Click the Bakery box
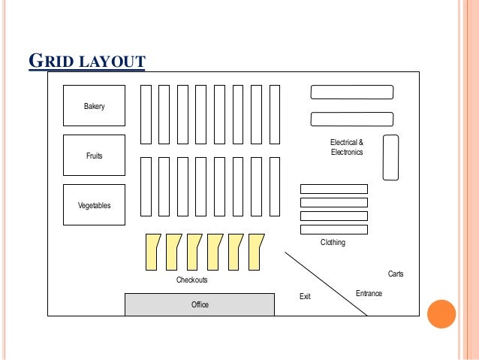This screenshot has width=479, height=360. click(x=94, y=106)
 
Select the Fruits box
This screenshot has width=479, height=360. click(x=94, y=156)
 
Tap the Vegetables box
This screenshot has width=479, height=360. click(x=94, y=205)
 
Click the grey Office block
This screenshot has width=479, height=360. click(x=199, y=304)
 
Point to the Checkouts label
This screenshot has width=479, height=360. click(x=191, y=280)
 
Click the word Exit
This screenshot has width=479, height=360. click(x=305, y=297)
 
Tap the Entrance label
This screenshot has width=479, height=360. click(x=369, y=293)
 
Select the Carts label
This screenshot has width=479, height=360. click(x=396, y=274)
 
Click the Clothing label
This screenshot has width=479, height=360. click(x=333, y=243)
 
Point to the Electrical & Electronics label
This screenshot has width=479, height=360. click(x=347, y=147)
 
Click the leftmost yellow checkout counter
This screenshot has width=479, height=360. click(x=152, y=251)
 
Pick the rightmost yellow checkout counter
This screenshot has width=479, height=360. click(x=256, y=251)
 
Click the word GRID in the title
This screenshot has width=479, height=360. click(x=50, y=60)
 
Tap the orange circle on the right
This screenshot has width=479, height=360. click(x=441, y=313)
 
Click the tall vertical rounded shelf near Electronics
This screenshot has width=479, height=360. click(x=390, y=157)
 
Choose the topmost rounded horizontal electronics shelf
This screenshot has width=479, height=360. click(x=352, y=92)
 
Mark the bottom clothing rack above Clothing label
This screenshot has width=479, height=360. click(x=334, y=229)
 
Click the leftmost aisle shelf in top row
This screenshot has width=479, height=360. click(x=146, y=113)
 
